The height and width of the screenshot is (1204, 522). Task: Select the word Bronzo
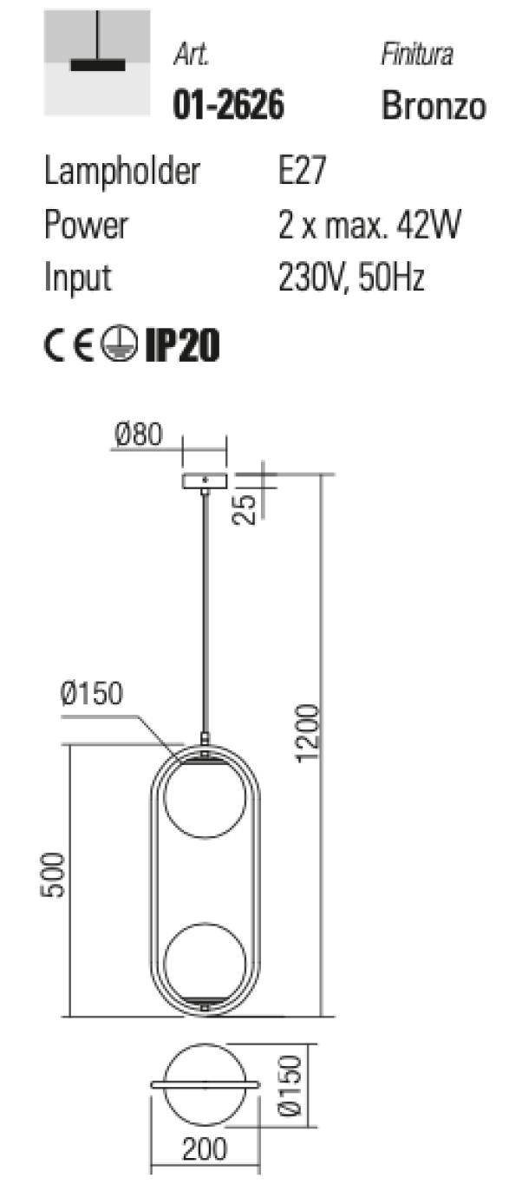[434, 105]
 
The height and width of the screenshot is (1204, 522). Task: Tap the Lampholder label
[122, 172]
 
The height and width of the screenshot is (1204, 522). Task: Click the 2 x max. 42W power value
[369, 226]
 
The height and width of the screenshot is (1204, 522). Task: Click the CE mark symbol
[69, 344]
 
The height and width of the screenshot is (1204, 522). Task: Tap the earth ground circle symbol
[119, 344]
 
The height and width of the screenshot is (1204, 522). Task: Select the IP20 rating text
[183, 344]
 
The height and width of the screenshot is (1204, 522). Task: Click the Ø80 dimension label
[138, 435]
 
